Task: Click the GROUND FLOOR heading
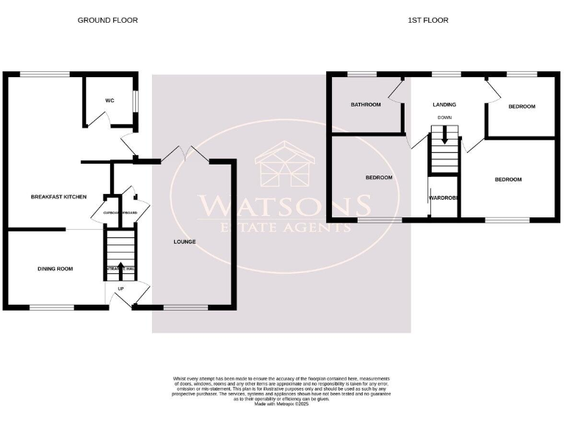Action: click(x=107, y=21)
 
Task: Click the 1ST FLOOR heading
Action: click(x=428, y=21)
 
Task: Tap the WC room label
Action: click(x=109, y=101)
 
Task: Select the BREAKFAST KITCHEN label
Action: click(x=59, y=197)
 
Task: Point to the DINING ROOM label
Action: click(x=55, y=269)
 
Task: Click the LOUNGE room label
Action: click(x=184, y=241)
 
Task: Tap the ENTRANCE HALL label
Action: click(x=120, y=270)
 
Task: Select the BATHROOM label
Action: click(x=366, y=105)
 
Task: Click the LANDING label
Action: click(x=444, y=105)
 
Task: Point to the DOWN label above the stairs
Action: click(x=444, y=117)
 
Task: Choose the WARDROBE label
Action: click(x=444, y=198)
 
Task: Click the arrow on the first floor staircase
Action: click(x=444, y=135)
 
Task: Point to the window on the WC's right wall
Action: click(x=134, y=101)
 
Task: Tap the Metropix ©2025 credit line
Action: click(x=282, y=403)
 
